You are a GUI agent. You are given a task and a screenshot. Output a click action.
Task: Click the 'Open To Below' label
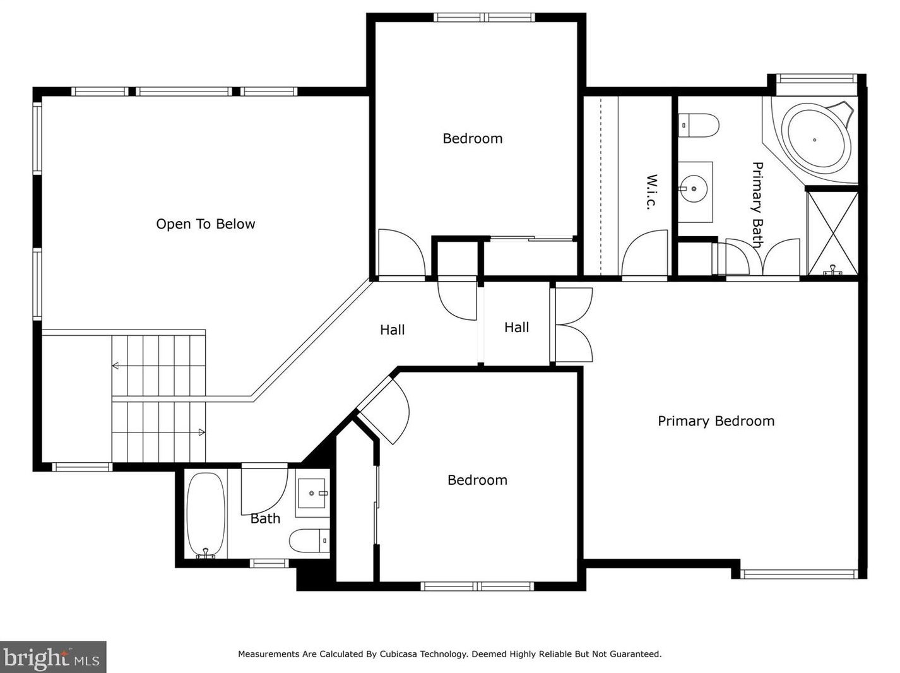[205, 224]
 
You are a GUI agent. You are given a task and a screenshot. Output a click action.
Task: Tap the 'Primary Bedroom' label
[716, 421]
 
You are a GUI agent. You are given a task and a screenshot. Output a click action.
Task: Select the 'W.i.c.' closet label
[651, 192]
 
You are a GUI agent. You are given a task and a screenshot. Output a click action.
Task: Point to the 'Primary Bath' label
[757, 205]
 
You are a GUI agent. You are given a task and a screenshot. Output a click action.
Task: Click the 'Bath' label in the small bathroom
[265, 518]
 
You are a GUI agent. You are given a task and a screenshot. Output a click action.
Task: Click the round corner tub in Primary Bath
[815, 140]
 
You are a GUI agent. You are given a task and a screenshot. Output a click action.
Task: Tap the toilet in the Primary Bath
[698, 125]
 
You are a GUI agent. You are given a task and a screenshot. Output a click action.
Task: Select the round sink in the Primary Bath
[694, 189]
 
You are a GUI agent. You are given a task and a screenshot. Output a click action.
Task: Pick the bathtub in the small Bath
[206, 515]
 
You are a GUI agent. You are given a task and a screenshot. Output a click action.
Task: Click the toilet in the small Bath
[309, 540]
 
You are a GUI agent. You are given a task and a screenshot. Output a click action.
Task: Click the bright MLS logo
[53, 657]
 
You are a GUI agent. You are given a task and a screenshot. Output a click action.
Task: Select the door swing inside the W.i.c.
[644, 253]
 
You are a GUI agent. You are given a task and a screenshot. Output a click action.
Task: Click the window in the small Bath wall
[269, 563]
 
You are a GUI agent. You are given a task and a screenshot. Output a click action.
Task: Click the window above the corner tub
[817, 79]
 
